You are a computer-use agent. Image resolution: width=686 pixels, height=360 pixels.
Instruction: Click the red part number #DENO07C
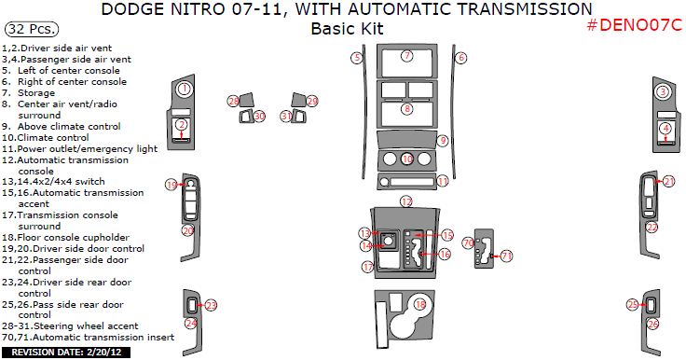[x=634, y=25]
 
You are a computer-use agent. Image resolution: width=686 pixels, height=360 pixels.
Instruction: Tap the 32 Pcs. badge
[x=32, y=29]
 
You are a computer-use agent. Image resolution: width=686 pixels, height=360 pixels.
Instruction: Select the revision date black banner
[x=66, y=353]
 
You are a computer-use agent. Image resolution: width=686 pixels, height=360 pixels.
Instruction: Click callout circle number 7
[x=407, y=56]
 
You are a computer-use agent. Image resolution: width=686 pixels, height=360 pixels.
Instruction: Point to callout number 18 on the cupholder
[x=420, y=304]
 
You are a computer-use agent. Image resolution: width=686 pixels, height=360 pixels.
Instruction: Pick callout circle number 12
[x=406, y=201]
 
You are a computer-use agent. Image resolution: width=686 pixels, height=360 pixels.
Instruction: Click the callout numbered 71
[x=506, y=256]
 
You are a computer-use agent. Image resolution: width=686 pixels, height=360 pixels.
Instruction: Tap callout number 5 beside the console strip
[x=357, y=58]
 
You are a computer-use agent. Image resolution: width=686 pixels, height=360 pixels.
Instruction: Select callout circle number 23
[x=211, y=305]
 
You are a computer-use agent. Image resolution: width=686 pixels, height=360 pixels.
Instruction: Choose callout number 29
[x=312, y=101]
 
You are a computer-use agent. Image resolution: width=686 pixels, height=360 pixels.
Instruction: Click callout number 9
[x=443, y=140]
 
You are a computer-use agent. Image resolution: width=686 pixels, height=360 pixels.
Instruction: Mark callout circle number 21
[x=668, y=181]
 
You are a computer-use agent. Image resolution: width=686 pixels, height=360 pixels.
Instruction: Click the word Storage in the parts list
[x=36, y=93]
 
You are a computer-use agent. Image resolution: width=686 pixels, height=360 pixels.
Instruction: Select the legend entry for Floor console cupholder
[x=65, y=238]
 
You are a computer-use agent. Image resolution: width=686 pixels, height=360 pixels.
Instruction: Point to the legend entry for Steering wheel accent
[x=70, y=325]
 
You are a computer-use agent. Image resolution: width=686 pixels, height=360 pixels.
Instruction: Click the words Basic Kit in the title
[x=347, y=29]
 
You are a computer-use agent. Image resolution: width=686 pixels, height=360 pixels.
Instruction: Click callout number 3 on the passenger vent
[x=663, y=91]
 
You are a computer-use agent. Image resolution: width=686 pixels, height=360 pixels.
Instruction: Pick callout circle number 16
[x=445, y=254]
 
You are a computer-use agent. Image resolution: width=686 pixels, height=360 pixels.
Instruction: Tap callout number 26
[x=652, y=324]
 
